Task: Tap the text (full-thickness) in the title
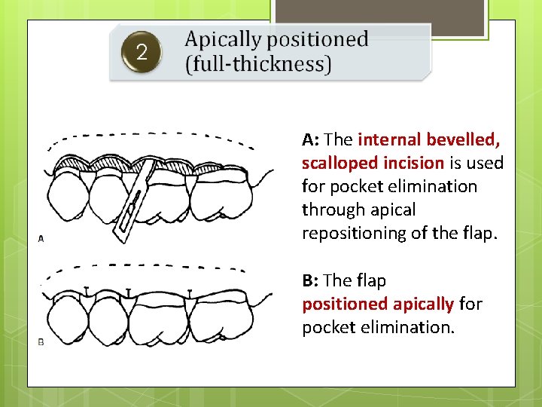tap(257, 64)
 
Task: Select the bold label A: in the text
tap(312, 139)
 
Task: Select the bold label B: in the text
tap(312, 280)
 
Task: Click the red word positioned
tap(346, 304)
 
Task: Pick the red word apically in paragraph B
tap(424, 304)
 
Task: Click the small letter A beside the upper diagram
tap(41, 238)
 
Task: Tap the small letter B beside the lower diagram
tap(41, 341)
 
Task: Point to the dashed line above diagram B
tap(151, 266)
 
